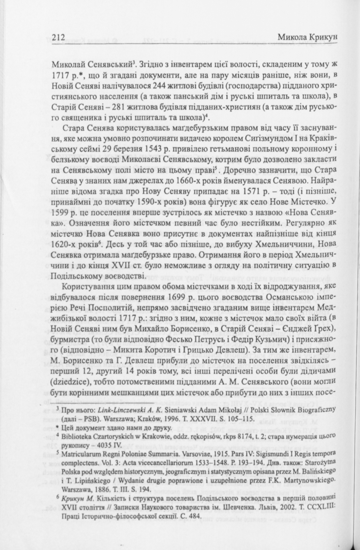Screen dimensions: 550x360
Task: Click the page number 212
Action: point(58,37)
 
